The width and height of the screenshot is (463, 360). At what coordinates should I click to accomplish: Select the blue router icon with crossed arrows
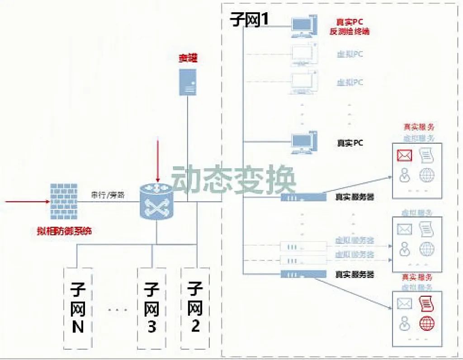156,202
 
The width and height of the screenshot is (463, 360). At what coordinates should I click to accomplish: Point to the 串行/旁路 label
108,195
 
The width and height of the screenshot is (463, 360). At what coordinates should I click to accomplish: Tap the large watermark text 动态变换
234,179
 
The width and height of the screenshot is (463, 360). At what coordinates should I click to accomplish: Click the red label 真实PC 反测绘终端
350,27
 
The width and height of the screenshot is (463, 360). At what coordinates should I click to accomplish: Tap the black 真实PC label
350,143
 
